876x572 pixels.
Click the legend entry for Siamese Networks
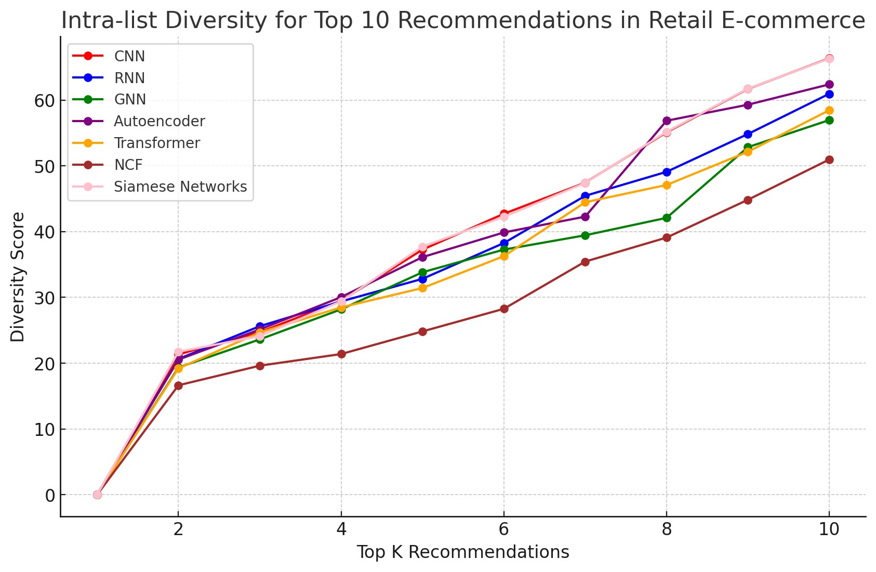point(180,187)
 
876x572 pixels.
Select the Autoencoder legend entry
point(159,121)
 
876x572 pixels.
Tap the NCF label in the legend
point(128,165)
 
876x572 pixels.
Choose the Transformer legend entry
point(156,143)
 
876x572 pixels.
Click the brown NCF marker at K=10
point(829,159)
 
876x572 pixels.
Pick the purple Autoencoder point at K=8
point(667,121)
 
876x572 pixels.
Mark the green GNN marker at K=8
point(667,218)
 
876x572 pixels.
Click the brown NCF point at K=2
point(178,385)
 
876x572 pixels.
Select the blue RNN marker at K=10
point(829,94)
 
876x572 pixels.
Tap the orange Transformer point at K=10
point(829,110)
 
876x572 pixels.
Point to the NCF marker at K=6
point(504,309)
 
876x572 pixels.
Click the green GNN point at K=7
point(585,235)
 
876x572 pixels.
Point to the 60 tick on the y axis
point(45,100)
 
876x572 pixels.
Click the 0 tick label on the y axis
point(50,495)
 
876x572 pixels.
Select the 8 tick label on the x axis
point(667,529)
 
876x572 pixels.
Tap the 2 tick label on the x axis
point(178,529)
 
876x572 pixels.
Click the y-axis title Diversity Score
point(18,276)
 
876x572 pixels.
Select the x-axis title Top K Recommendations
point(462,552)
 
